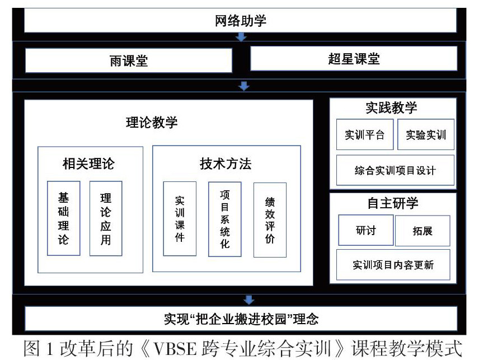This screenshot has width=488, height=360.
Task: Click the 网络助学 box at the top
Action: coord(241,21)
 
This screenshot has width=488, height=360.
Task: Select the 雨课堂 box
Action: coord(129,60)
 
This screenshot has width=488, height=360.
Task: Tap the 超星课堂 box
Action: coord(353,58)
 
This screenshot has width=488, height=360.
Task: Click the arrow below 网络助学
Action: coord(241,37)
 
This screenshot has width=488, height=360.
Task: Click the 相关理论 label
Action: coord(88,163)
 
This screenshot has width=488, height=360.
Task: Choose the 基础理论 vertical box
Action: coord(63,218)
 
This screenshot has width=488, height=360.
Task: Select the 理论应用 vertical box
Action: coord(106,218)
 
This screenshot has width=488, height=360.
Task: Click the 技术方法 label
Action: coord(226,163)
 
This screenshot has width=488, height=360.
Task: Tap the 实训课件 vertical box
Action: coord(180,218)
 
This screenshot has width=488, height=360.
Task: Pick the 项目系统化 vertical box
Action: coord(225,219)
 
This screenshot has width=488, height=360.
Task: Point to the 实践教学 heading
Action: coord(392,109)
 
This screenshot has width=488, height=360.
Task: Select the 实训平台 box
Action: coord(364,134)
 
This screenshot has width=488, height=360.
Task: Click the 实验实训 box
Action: coord(426,134)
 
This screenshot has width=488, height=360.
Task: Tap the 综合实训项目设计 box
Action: coord(395,171)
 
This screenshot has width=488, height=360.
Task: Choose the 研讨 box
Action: coord(365,230)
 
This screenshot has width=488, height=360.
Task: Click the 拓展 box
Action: coord(423,231)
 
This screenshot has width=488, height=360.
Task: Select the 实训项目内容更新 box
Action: coord(393,265)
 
